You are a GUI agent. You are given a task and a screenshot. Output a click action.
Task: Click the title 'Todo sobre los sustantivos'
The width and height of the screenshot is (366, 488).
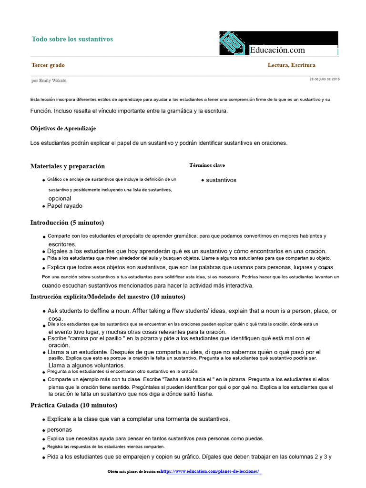72,39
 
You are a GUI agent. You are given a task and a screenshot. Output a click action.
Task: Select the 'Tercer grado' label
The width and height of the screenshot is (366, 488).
48,65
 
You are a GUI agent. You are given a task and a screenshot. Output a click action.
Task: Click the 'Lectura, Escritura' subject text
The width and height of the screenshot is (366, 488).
291,65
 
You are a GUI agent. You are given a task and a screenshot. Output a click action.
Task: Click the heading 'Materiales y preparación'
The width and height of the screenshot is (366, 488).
67,166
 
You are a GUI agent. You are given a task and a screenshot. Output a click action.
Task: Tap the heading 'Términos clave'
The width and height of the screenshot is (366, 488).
207,165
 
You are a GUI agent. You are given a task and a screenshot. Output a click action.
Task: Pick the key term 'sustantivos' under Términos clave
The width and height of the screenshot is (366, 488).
221,180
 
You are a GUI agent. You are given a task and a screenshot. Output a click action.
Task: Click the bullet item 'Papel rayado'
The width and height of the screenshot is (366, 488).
64,206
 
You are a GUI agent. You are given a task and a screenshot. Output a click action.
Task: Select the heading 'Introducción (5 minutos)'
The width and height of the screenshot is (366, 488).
67,223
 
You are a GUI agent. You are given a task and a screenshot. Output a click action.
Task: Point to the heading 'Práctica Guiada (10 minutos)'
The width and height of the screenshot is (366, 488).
73,406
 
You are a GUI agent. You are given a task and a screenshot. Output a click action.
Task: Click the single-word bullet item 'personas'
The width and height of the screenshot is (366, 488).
60,429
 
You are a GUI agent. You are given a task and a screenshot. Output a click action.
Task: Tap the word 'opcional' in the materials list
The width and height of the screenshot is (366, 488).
60,198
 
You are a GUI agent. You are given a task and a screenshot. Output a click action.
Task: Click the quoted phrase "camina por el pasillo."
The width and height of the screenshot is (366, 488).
100,338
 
